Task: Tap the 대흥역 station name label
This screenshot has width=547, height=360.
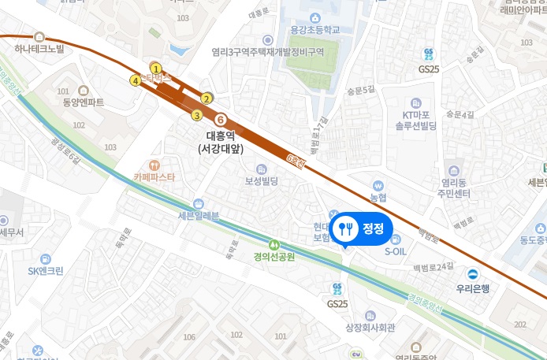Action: [222, 135]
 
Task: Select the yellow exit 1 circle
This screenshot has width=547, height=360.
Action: [156, 68]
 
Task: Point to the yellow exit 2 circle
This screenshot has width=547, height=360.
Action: [207, 98]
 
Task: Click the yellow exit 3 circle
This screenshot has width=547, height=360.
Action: [196, 116]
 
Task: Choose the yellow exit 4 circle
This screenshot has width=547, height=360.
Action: [136, 80]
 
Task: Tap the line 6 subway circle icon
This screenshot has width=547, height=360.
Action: [221, 119]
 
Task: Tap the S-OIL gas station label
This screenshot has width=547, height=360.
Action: [396, 252]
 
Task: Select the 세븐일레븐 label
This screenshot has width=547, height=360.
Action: [198, 216]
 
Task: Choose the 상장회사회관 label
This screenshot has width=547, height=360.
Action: [370, 327]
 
